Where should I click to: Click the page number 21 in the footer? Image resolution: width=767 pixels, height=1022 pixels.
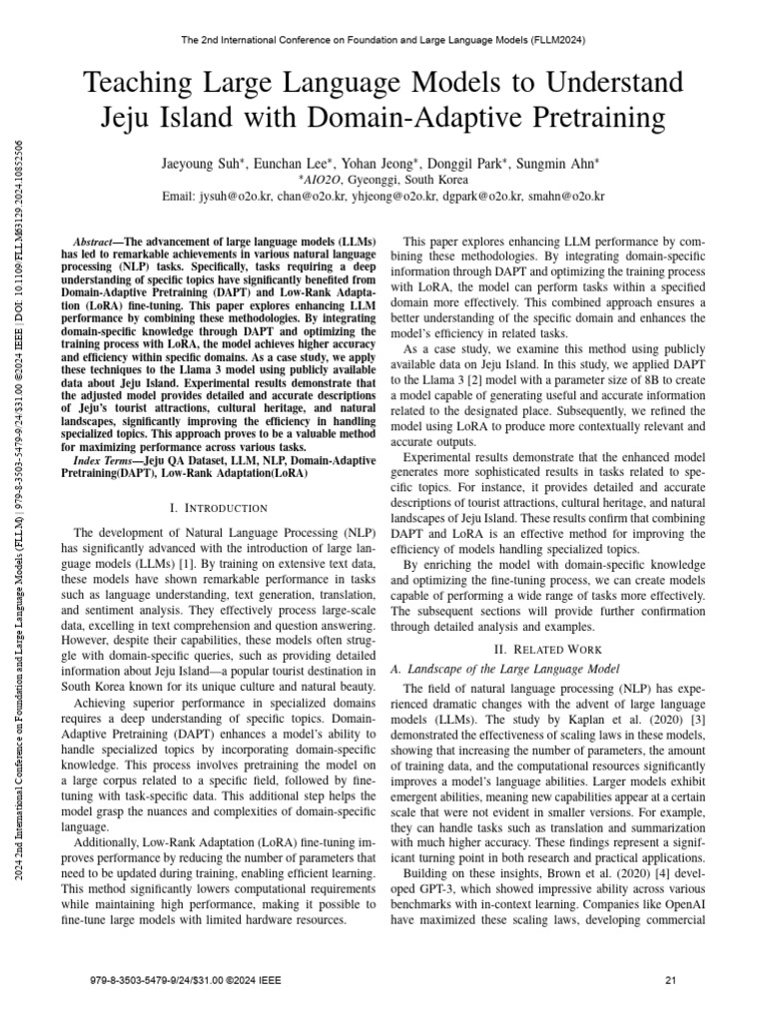[671, 981]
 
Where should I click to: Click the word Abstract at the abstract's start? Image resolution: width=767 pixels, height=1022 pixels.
[98, 243]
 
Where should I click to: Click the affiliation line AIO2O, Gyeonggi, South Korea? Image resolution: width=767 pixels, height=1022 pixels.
[383, 178]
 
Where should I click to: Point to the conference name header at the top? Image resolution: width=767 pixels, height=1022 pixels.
[383, 40]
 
